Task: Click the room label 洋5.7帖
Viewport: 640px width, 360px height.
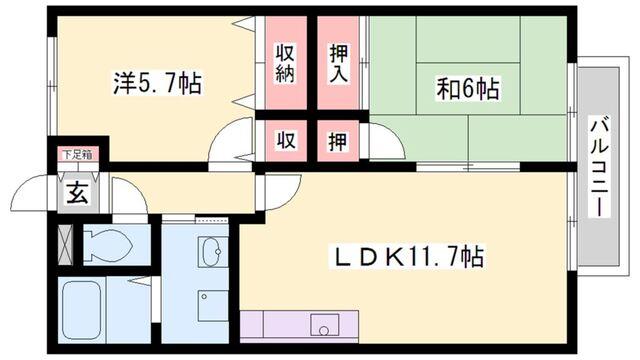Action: tap(156, 83)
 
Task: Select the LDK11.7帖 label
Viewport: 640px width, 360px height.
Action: tap(408, 258)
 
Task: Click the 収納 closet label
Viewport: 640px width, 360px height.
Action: tap(286, 63)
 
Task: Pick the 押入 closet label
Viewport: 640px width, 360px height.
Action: tap(339, 63)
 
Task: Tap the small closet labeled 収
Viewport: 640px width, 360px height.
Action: tap(286, 141)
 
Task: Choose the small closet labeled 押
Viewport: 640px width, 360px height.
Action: tap(339, 141)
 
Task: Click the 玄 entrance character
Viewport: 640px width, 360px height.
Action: tap(77, 192)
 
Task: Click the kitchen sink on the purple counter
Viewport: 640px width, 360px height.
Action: tap(322, 326)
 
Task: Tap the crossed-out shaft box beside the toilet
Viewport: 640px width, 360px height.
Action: tap(66, 244)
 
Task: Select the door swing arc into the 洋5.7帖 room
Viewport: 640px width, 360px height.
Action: tap(232, 142)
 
